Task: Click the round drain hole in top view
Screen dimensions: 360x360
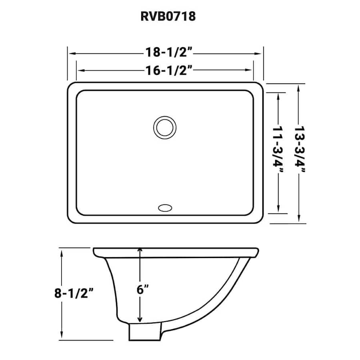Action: coord(164,128)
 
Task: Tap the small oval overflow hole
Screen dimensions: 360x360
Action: coord(164,208)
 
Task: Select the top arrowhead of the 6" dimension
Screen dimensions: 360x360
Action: coord(140,250)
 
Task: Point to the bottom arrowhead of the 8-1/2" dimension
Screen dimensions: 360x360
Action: coord(62,336)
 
